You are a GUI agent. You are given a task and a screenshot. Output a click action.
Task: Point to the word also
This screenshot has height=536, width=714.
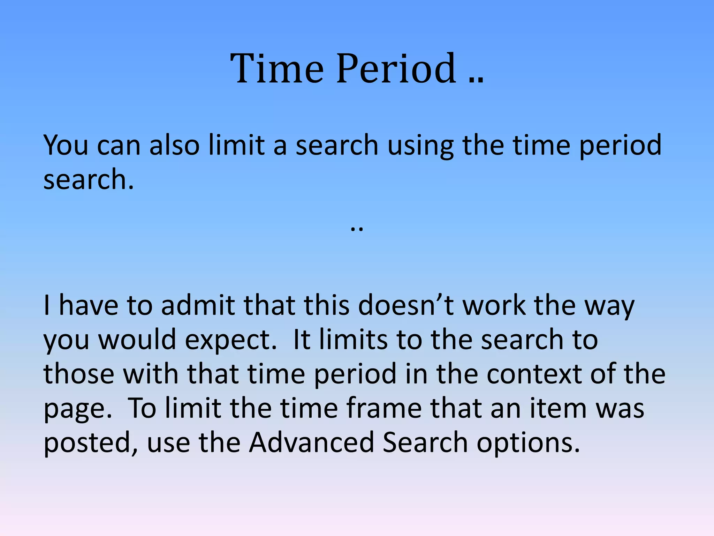point(174,145)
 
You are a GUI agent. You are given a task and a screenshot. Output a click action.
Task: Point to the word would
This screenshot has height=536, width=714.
point(137,340)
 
